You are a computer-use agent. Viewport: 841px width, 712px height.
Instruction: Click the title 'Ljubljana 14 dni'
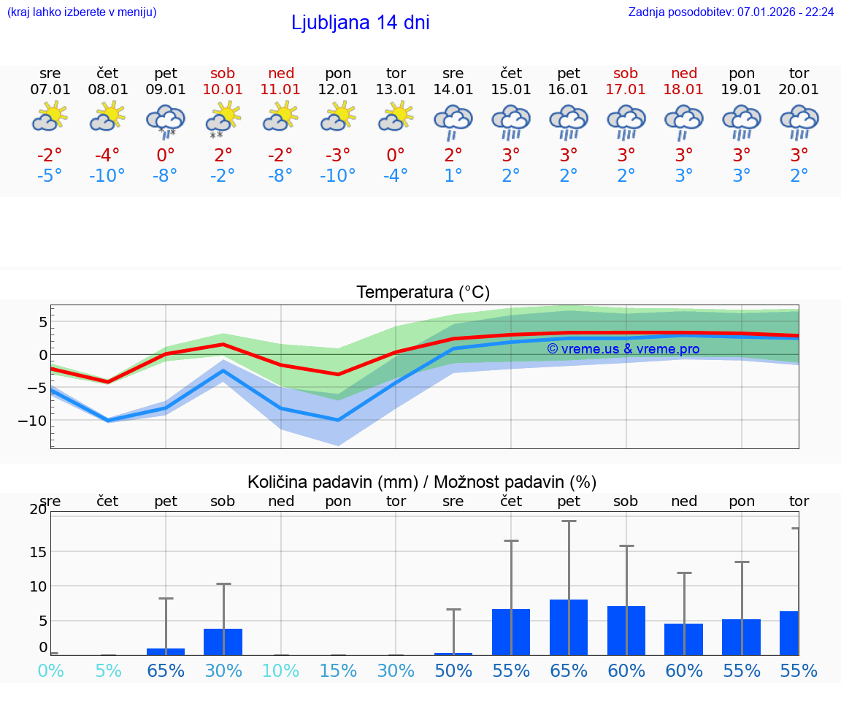360,23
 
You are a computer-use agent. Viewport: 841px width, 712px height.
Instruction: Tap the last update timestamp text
731,12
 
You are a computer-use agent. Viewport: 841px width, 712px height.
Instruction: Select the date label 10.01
223,90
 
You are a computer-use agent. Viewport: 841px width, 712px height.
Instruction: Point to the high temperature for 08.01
107,156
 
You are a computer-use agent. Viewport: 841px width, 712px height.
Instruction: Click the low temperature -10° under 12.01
338,176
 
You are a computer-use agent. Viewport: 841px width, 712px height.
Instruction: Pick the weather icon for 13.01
396,116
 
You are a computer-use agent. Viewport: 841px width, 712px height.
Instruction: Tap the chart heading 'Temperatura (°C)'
423,293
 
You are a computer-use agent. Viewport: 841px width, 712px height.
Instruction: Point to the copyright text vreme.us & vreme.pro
623,349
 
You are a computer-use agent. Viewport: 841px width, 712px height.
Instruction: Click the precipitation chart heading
422,482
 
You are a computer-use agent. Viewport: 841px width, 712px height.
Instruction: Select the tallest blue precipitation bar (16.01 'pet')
569,627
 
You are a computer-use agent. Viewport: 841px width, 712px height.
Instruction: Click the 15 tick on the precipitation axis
38,552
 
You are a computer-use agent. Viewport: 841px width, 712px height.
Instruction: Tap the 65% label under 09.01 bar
166,671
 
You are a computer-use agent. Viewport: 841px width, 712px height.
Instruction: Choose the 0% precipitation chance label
50,671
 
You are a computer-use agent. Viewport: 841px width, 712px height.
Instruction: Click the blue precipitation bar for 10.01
223,642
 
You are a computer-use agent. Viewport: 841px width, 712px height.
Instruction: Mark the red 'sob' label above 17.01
626,73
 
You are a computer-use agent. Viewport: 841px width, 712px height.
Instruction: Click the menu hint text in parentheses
82,12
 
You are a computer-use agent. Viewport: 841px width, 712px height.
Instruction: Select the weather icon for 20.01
799,120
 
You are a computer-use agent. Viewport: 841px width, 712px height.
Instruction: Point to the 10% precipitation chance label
281,671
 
